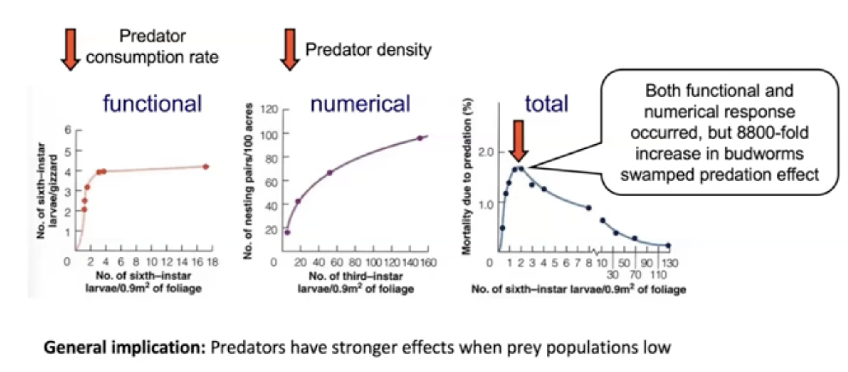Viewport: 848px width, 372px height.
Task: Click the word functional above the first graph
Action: (152, 104)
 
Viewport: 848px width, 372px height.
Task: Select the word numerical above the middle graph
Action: (360, 104)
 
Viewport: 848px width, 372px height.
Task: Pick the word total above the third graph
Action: (547, 104)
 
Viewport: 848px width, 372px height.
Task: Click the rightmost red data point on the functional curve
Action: (206, 167)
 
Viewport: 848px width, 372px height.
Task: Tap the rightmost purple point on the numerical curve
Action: (419, 138)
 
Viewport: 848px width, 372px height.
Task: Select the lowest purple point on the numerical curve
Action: (287, 232)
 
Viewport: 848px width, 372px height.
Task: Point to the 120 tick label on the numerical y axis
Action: (269, 110)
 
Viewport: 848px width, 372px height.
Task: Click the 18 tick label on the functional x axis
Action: (213, 262)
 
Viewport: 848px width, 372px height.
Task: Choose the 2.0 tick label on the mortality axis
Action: (486, 152)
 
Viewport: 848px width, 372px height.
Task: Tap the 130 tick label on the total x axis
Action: (670, 263)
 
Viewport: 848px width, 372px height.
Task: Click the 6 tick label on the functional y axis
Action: (68, 130)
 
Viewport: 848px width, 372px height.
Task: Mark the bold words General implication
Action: (125, 348)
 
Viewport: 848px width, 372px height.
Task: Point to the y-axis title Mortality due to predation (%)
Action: (467, 176)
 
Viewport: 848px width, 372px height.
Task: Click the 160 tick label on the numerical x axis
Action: (429, 263)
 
